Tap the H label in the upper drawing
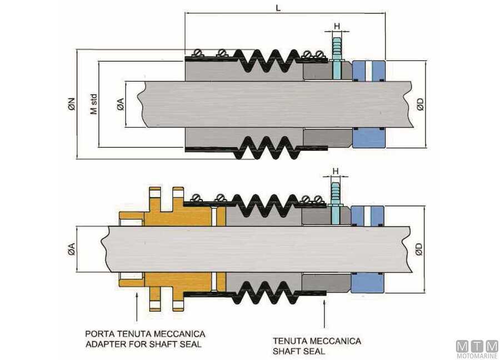point(337,26)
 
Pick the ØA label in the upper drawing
point(120,104)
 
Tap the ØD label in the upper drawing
point(421,104)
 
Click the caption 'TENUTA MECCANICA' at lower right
point(317,341)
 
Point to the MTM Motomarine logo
point(477,349)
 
